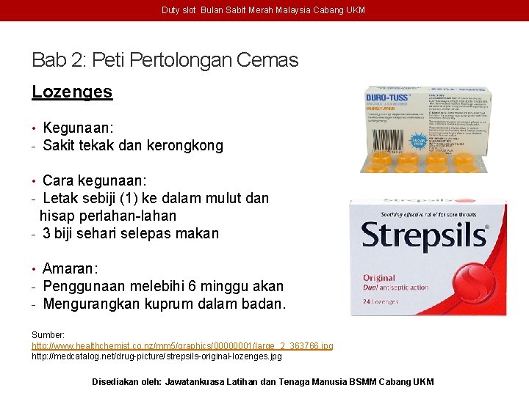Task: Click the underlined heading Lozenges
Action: (x=72, y=92)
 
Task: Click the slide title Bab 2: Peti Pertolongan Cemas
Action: (x=165, y=59)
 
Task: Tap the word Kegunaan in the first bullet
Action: (x=76, y=128)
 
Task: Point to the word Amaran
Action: (x=69, y=268)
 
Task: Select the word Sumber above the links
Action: (x=48, y=334)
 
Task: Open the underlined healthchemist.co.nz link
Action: (x=182, y=345)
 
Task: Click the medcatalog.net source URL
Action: (x=156, y=356)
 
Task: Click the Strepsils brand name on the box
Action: (x=425, y=235)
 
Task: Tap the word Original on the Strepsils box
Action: (x=379, y=278)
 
